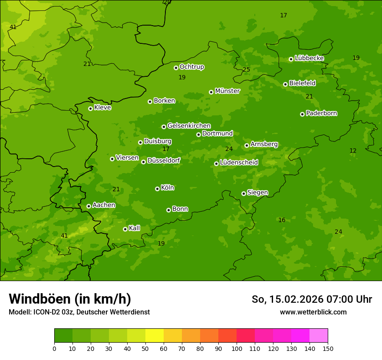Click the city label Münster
[x=227, y=91]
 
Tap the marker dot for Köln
[x=157, y=189]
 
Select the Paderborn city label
[x=321, y=114]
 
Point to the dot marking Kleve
[x=90, y=108]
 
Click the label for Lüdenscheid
[x=239, y=163]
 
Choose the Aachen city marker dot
[x=89, y=206]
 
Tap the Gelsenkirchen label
[x=189, y=126]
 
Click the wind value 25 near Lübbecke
[x=246, y=69]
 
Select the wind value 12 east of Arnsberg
[x=353, y=151]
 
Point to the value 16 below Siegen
[x=282, y=220]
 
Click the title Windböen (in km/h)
[x=70, y=299]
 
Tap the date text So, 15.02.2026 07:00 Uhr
[x=312, y=299]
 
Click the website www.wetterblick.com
[x=313, y=312]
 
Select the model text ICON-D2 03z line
[x=79, y=312]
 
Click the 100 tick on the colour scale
[x=237, y=348]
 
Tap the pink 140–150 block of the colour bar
[x=319, y=336]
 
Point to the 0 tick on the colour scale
[x=54, y=348]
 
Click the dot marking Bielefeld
[x=285, y=84]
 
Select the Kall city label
[x=134, y=228]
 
